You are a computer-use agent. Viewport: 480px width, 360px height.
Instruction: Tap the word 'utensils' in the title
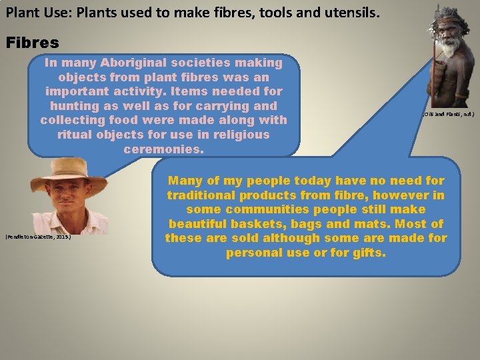coord(351,11)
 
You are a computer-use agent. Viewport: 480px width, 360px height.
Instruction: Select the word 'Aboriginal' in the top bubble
coord(133,63)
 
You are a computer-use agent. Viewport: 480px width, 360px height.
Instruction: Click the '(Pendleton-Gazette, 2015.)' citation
coord(37,237)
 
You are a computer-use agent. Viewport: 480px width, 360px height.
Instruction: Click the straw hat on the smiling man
coord(68,169)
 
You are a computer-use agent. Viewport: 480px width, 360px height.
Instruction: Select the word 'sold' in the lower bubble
coord(256,238)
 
